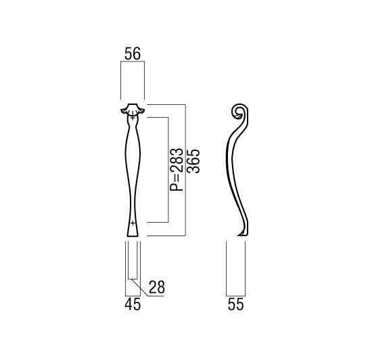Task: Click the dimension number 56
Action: click(x=133, y=53)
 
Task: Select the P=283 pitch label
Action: click(x=177, y=169)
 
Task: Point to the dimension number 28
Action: click(x=157, y=287)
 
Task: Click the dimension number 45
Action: click(x=133, y=305)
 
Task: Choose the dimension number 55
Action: click(x=235, y=305)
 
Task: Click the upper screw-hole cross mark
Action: click(x=133, y=117)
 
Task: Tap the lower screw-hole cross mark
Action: click(x=133, y=223)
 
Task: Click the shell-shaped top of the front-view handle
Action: click(x=133, y=109)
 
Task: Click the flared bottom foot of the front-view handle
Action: click(x=133, y=230)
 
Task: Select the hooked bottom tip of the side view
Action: click(x=242, y=233)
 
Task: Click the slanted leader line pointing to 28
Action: click(x=140, y=288)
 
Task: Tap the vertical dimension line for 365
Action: click(x=185, y=170)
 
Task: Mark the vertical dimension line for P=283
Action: click(x=168, y=170)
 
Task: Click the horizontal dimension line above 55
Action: click(x=235, y=296)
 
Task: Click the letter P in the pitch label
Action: click(x=177, y=187)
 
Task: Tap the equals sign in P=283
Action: click(x=177, y=179)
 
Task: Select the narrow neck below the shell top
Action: click(x=133, y=122)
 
